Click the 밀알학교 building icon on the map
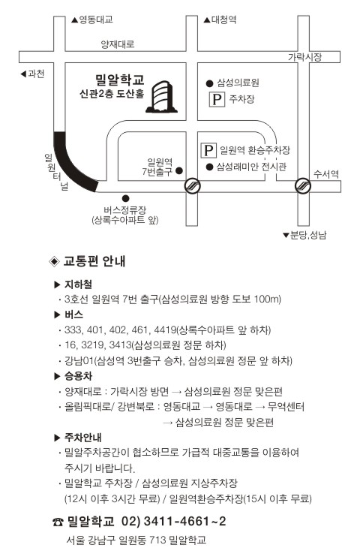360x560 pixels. tap(161, 96)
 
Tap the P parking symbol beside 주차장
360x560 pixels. tap(217, 99)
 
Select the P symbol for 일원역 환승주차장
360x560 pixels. tap(208, 149)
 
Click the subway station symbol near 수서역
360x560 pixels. tap(303, 185)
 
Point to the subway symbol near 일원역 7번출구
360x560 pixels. tap(192, 185)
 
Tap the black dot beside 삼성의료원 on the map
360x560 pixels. tap(209, 83)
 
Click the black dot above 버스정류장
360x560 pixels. tap(125, 198)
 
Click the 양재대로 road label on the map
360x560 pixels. tap(118, 44)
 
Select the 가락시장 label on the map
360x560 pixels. tap(304, 56)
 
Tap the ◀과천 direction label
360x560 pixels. tap(32, 74)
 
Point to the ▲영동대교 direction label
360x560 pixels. tap(92, 20)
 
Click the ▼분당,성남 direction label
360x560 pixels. tap(304, 235)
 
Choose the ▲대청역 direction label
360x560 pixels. tap(220, 20)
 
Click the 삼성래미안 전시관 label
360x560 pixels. tap(251, 167)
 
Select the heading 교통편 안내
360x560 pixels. tap(94, 261)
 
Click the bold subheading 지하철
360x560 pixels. tap(78, 285)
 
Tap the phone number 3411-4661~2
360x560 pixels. tap(184, 521)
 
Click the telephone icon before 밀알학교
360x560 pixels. tap(58, 522)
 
